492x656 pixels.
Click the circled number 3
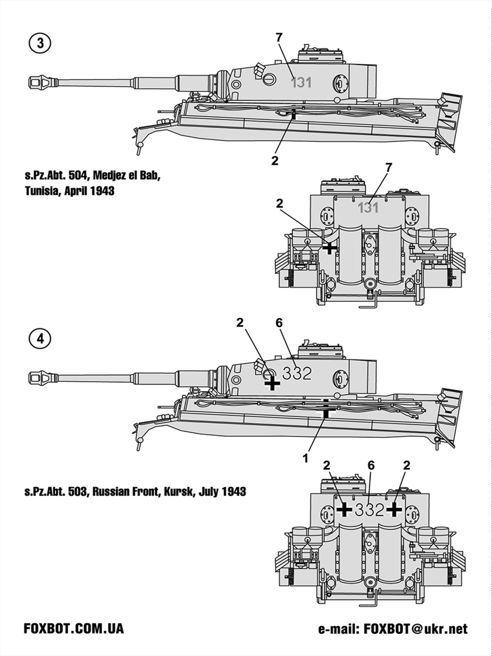click(x=40, y=44)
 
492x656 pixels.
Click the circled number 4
click(x=40, y=339)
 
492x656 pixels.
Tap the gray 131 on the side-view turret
click(x=301, y=83)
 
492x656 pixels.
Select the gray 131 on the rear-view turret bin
click(x=368, y=208)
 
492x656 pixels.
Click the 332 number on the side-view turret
click(x=297, y=374)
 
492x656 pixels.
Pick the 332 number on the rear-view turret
click(x=369, y=510)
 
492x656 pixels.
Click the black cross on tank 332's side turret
click(x=272, y=383)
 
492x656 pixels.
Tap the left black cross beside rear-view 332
click(x=344, y=510)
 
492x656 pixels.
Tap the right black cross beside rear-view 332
click(x=394, y=510)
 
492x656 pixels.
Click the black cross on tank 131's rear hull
click(x=329, y=248)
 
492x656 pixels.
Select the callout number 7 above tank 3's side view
click(x=279, y=38)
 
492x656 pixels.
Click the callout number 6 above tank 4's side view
click(x=279, y=323)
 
